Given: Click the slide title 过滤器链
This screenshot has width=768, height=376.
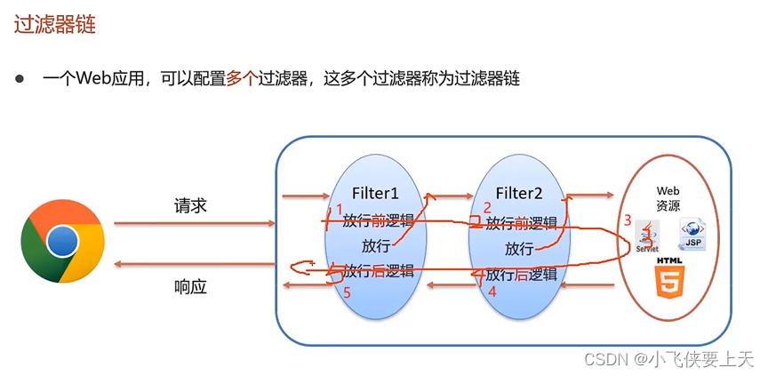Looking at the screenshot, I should coord(55,24).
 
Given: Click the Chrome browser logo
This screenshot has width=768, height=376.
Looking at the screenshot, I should coord(62,241).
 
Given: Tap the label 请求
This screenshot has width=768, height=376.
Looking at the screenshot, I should coord(190,205).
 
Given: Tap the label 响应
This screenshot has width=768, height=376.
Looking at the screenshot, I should coord(190,287).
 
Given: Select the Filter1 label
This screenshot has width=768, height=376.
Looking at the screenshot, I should coord(376,192).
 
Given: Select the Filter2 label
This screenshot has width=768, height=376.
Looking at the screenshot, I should coord(518,193).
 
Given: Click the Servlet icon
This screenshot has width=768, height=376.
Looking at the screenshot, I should coord(647,236).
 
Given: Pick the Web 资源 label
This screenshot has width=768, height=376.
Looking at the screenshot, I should coord(668,196).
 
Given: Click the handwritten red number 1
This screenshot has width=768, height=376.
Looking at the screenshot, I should coord(338,210).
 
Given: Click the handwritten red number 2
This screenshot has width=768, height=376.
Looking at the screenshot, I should coord(486,208).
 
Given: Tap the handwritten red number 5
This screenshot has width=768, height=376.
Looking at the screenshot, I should coord(348,292).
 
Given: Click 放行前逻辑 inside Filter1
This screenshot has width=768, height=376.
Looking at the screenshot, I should coord(379,220).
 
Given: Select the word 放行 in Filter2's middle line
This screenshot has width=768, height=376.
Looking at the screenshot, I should coord(519,247).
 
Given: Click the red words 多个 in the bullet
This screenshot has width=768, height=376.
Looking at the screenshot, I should coord(240,78).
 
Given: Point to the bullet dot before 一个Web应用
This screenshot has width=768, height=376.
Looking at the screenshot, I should coord(20,78).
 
